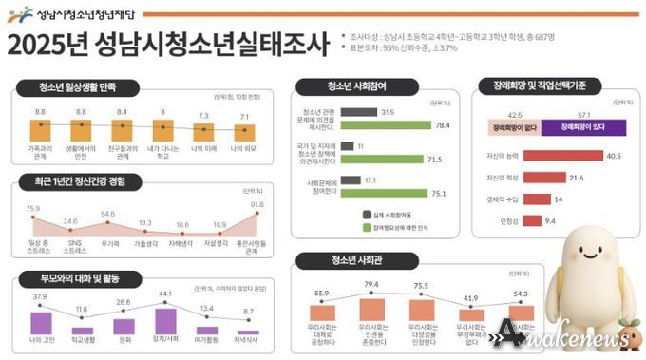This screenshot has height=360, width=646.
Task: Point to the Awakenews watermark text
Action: coord(570,336)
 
